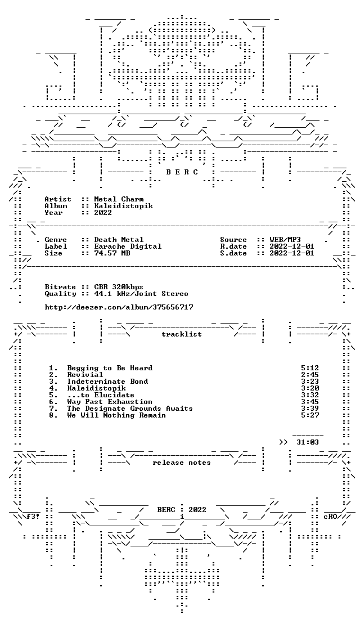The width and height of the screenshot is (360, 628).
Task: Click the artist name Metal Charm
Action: (119, 199)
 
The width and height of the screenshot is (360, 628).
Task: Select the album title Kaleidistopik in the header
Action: (123, 206)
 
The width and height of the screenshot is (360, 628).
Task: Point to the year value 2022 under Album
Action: (103, 213)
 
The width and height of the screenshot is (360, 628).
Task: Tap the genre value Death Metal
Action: (119, 240)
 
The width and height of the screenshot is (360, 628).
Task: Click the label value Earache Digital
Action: (128, 246)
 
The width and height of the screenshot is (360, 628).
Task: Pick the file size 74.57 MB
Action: (112, 253)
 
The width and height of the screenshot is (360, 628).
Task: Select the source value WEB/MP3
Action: (285, 240)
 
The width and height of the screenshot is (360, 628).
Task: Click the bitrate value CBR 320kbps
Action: (119, 287)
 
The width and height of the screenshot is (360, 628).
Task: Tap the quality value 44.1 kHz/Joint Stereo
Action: (141, 294)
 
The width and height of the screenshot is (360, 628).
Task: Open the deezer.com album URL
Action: (119, 307)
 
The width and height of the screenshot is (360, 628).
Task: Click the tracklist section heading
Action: (182, 334)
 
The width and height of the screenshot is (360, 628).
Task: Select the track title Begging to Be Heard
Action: (110, 367)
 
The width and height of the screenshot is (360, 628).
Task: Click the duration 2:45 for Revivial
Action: (310, 374)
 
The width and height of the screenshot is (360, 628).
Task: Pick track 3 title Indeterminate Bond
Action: (107, 382)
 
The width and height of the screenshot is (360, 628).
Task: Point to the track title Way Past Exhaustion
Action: (110, 402)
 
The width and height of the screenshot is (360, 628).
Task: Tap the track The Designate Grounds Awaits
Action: (130, 409)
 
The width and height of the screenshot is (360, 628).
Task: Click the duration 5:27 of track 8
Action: (310, 415)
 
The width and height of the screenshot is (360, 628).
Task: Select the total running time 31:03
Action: (308, 442)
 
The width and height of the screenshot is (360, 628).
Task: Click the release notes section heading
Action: (182, 463)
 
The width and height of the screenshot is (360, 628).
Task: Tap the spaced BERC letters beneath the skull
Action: (182, 172)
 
